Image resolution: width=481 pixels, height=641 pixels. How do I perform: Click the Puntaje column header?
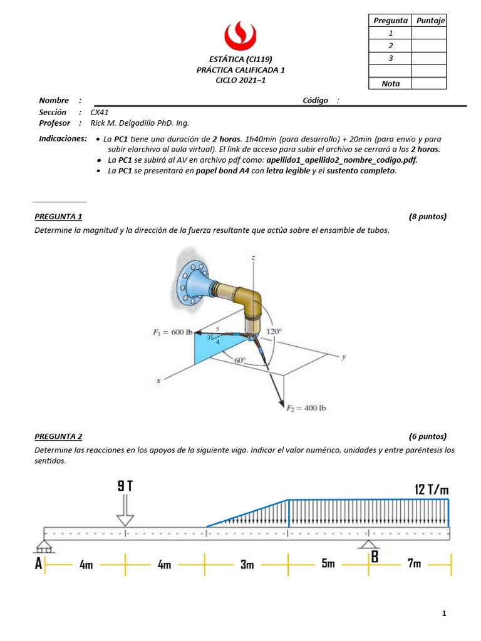pyautogui.click(x=430, y=20)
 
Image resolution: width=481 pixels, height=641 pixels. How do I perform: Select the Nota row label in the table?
pyautogui.click(x=390, y=83)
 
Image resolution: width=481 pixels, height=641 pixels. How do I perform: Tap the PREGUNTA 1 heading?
pyautogui.click(x=58, y=217)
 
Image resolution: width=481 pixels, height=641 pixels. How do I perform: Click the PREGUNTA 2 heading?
pyautogui.click(x=58, y=436)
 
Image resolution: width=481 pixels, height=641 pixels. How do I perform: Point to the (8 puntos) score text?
pyautogui.click(x=427, y=217)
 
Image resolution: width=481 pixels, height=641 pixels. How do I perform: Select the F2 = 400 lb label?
pyautogui.click(x=306, y=408)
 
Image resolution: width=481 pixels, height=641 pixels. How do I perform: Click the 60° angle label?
pyautogui.click(x=240, y=360)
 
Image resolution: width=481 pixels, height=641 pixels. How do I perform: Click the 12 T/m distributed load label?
pyautogui.click(x=432, y=489)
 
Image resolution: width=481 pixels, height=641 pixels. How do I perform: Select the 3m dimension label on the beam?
pyautogui.click(x=247, y=565)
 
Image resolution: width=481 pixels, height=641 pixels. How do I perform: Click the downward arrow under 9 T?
pyautogui.click(x=125, y=511)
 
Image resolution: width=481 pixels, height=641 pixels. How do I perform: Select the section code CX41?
pyautogui.click(x=100, y=112)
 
